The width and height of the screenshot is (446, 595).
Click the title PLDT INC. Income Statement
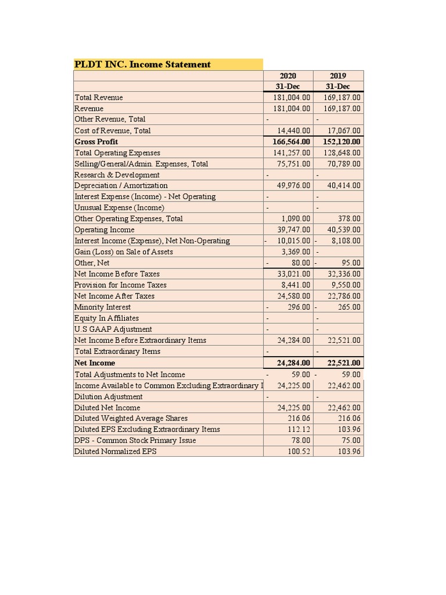click(x=143, y=64)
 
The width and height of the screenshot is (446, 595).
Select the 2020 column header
click(x=288, y=76)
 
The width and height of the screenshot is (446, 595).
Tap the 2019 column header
click(x=339, y=76)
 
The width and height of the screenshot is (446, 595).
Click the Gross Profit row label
click(x=96, y=142)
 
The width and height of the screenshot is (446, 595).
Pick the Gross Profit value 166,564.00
click(x=292, y=142)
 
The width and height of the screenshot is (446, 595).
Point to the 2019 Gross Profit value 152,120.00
click(x=341, y=142)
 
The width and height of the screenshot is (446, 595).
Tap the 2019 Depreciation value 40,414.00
click(x=344, y=185)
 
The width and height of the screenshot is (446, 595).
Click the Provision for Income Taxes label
click(x=120, y=285)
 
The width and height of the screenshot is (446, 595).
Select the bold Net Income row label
click(x=95, y=363)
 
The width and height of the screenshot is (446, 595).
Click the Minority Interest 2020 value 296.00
click(x=299, y=307)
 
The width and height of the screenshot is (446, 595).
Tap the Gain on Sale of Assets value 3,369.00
click(x=297, y=252)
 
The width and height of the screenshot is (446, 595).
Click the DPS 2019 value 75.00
click(x=351, y=440)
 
